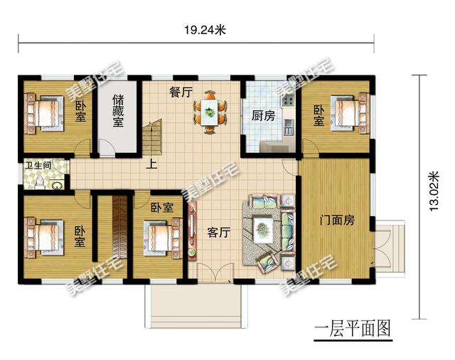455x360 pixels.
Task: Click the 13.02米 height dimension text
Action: pos(436,187)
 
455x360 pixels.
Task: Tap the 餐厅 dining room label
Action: pos(181,92)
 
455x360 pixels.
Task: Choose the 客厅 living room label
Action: pos(218,232)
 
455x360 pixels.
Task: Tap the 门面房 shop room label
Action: pos(337,221)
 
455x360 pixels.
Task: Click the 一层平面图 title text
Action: pos(353,329)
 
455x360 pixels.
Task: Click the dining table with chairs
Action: pos(210,110)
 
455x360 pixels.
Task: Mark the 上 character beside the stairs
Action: pos(152,164)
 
